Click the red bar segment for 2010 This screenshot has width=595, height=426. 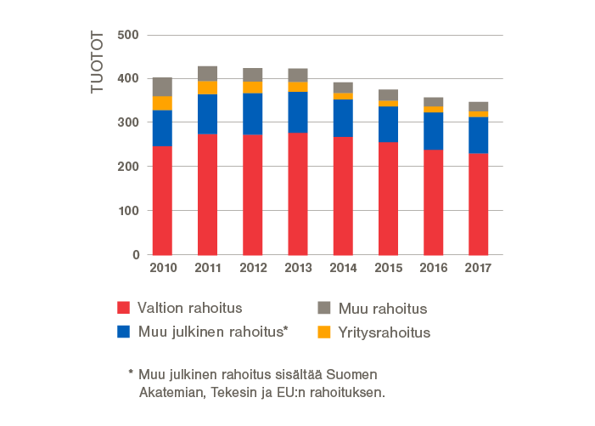[x=162, y=201]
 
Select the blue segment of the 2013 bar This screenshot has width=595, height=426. [x=298, y=112]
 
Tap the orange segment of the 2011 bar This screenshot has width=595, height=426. [x=207, y=88]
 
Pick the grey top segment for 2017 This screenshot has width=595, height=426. [x=479, y=106]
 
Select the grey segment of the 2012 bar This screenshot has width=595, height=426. [x=252, y=74]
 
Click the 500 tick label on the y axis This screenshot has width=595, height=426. [x=129, y=35]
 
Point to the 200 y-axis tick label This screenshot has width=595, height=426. [x=129, y=167]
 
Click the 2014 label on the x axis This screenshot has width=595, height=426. [x=343, y=269]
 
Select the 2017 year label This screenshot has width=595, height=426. [x=479, y=269]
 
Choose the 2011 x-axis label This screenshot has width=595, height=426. [x=207, y=269]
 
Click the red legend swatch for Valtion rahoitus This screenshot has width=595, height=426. [x=124, y=308]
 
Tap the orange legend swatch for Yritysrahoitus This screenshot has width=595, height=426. [x=324, y=332]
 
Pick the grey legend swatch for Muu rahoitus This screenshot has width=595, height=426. [x=324, y=308]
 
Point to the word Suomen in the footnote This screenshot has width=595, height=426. [x=353, y=375]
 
